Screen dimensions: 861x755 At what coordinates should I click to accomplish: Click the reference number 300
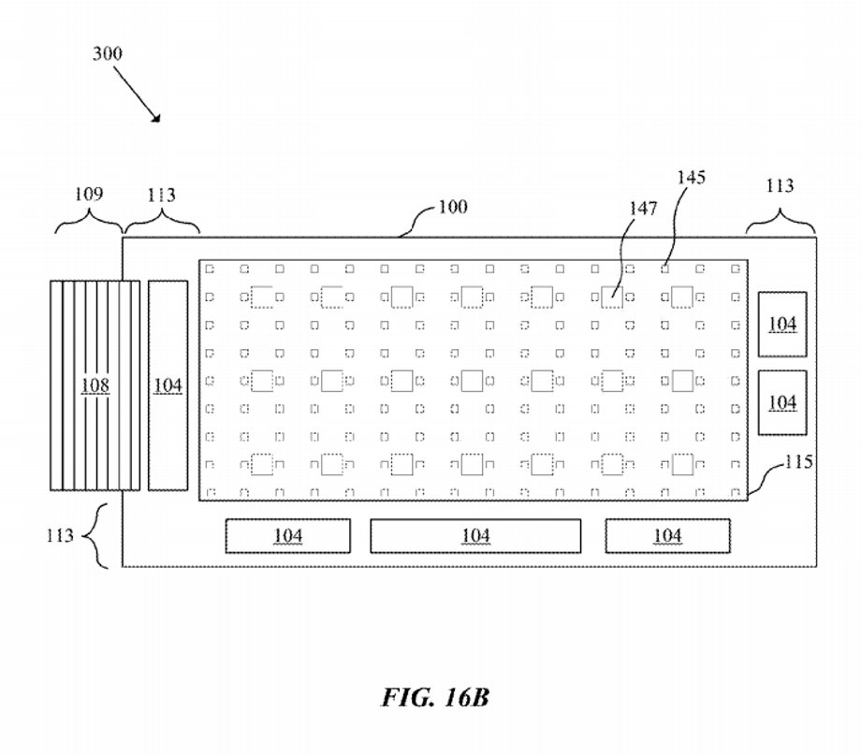(108, 54)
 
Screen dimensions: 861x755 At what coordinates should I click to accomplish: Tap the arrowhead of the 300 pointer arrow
(156, 118)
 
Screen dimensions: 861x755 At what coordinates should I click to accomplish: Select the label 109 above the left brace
(89, 194)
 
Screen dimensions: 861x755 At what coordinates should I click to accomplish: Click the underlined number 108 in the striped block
(95, 385)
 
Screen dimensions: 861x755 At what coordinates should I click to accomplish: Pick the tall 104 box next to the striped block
(168, 385)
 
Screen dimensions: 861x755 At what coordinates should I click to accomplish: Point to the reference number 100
(453, 207)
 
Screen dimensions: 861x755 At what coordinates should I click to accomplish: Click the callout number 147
(643, 209)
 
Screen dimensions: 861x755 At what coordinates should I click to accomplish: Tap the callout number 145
(691, 178)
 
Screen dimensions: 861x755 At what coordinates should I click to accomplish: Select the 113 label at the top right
(780, 185)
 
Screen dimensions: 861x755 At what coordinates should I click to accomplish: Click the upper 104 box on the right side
(782, 324)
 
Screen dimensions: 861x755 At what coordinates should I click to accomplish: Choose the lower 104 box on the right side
(782, 402)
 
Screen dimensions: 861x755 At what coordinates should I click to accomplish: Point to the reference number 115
(799, 462)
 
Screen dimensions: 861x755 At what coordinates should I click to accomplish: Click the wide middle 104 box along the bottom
(475, 535)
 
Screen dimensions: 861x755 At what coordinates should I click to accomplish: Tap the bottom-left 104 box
(287, 535)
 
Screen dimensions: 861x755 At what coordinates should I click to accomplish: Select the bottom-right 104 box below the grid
(667, 535)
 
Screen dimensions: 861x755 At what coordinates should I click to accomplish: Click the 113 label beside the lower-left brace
(60, 535)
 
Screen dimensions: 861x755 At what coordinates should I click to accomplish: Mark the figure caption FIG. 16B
(435, 697)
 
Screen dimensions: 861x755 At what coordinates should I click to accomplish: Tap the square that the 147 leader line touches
(612, 298)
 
